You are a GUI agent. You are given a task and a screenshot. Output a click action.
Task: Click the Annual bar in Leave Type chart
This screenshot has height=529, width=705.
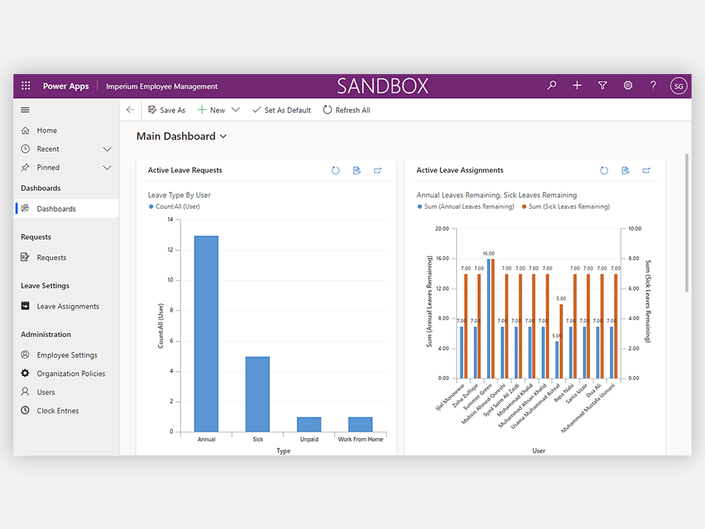207,334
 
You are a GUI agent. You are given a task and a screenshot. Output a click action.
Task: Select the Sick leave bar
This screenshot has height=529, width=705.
257,394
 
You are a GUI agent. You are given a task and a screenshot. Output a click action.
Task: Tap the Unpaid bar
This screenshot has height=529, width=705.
309,424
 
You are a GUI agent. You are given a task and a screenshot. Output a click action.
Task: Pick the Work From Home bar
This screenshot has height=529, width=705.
360,424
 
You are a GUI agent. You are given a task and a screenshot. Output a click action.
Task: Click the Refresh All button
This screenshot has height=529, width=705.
347,110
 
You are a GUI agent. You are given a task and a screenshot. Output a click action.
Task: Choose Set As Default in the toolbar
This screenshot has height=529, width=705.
281,110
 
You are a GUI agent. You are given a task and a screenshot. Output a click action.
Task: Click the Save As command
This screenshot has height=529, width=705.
166,110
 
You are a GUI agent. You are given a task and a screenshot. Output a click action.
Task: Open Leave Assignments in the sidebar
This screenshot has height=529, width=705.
68,306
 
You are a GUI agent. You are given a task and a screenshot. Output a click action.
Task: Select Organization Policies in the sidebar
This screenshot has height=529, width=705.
70,373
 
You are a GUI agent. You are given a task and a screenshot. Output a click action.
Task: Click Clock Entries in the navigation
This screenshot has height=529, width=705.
58,411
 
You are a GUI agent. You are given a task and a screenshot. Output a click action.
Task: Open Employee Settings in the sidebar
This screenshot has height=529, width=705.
66,355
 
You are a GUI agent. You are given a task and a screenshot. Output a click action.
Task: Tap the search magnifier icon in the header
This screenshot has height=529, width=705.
552,85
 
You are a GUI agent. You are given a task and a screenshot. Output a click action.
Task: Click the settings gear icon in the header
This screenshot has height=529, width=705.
628,85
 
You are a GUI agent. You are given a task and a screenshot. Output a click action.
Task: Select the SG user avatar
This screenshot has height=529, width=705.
678,86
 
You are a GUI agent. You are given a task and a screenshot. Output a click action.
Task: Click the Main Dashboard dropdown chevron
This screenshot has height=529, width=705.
223,136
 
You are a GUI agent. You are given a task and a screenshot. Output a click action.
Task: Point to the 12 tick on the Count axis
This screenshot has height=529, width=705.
171,250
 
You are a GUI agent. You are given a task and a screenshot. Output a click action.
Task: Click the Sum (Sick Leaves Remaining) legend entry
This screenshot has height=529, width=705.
565,207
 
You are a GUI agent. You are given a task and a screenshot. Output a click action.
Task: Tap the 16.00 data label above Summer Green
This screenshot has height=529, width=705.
489,254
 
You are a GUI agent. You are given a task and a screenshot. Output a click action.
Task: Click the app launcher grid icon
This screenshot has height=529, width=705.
26,85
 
